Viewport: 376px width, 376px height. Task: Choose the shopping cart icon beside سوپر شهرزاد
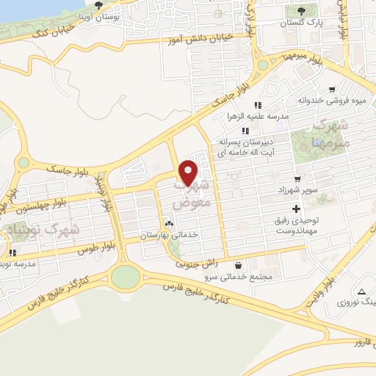click(297, 178)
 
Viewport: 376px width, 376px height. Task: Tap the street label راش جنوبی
click(195, 262)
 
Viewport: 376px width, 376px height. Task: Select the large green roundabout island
click(125, 276)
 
